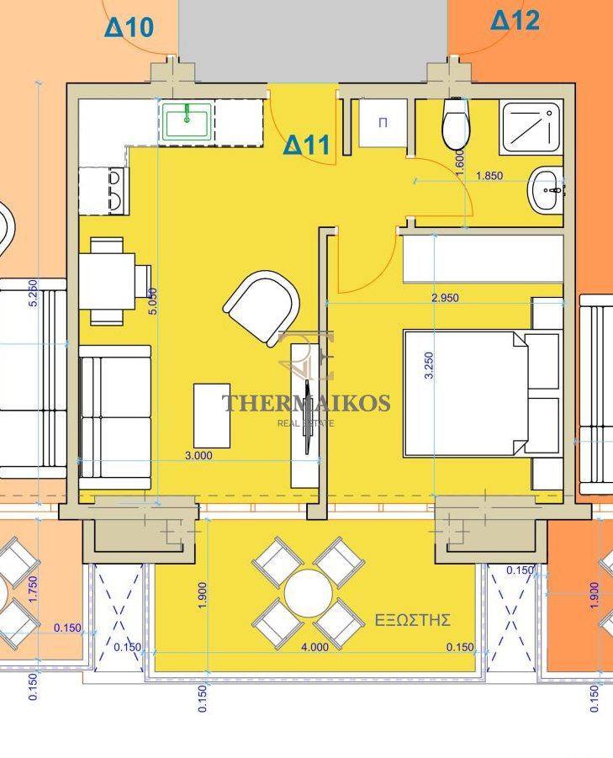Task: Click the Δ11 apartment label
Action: (x=307, y=145)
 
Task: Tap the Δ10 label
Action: (x=129, y=27)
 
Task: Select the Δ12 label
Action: (x=515, y=20)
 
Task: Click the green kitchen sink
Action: (x=187, y=121)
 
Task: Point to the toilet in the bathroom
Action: (x=456, y=124)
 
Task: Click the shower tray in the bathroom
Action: (x=531, y=128)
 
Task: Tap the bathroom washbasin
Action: (x=547, y=189)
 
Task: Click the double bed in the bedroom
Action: (x=482, y=393)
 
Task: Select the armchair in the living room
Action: (x=262, y=306)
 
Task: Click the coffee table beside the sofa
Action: (x=212, y=416)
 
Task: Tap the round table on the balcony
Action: (x=309, y=593)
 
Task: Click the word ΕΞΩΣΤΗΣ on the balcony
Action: (x=413, y=620)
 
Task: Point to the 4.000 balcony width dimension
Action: (x=315, y=646)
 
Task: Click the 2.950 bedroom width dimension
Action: (x=445, y=298)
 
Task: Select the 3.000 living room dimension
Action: (x=198, y=455)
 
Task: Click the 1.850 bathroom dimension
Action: (x=489, y=176)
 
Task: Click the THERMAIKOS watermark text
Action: (x=306, y=403)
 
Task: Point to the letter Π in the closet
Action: (x=383, y=122)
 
